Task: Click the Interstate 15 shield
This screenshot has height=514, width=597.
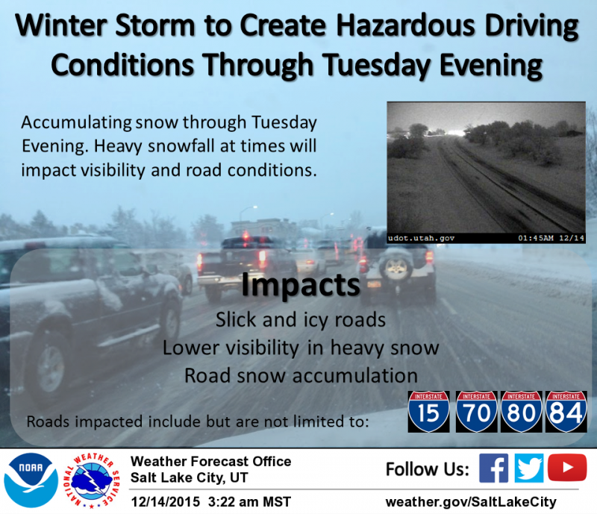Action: (428, 412)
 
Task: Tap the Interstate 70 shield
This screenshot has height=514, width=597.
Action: (476, 412)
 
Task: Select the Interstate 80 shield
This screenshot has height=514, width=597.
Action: (521, 412)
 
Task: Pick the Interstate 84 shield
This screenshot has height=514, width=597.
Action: (566, 412)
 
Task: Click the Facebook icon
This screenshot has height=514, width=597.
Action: (493, 468)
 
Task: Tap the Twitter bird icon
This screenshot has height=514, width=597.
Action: (529, 468)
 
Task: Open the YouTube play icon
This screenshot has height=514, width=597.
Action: (567, 467)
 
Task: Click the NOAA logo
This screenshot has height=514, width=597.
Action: (31, 480)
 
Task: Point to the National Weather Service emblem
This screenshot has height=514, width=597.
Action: (91, 480)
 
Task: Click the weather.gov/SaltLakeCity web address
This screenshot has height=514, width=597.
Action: (471, 502)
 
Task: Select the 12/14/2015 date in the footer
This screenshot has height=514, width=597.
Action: (165, 502)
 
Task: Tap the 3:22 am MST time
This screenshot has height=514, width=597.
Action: (249, 502)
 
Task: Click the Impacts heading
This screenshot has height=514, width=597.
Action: (301, 285)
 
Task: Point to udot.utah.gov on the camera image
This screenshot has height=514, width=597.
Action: (421, 238)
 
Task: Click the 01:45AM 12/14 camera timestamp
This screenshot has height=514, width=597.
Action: (551, 238)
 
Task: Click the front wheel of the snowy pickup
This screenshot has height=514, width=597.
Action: (48, 369)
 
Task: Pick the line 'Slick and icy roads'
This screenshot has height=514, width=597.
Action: (301, 320)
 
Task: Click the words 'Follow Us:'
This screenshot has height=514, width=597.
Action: (428, 469)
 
